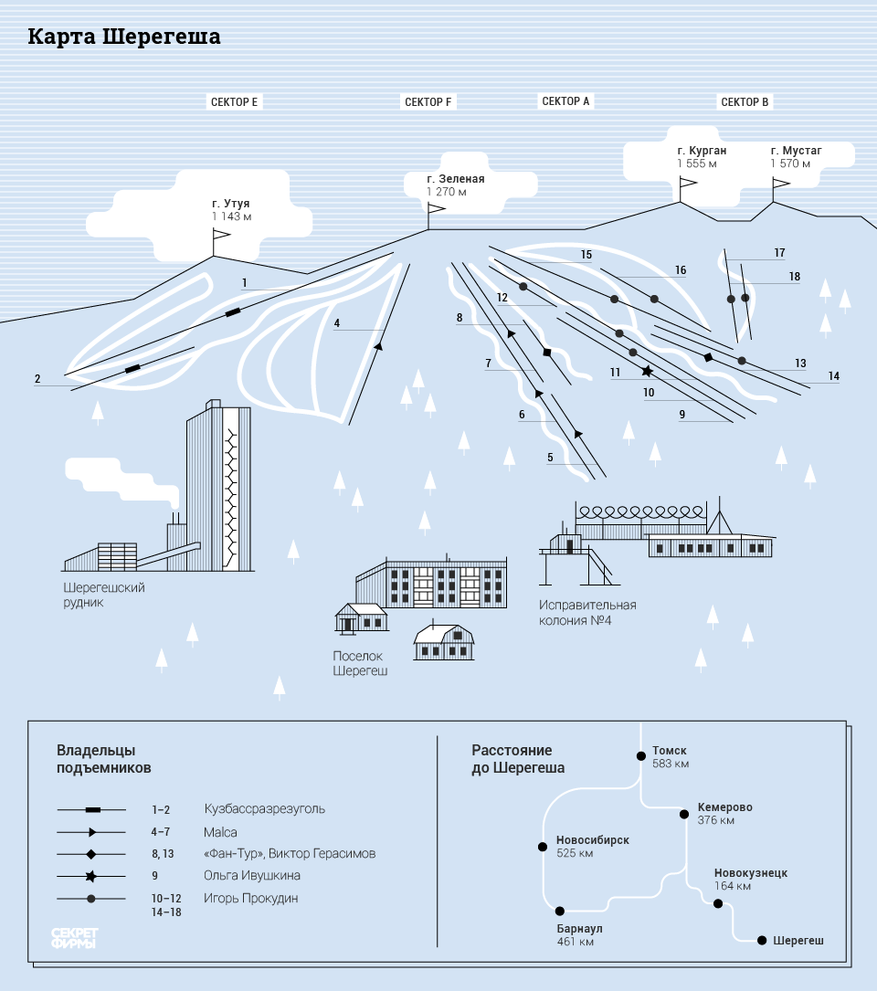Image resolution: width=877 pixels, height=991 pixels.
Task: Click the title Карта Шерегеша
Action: pyautogui.click(x=123, y=37)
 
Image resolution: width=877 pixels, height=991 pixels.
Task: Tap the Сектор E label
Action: pyautogui.click(x=235, y=102)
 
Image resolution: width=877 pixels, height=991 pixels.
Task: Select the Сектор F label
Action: pyautogui.click(x=428, y=102)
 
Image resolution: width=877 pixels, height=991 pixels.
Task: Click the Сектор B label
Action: pyautogui.click(x=745, y=102)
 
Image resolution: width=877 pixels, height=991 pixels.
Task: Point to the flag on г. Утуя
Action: pyautogui.click(x=221, y=237)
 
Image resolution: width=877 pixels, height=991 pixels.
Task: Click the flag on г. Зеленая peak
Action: pyautogui.click(x=436, y=209)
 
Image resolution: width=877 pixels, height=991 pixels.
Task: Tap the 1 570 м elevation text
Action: pyautogui.click(x=790, y=163)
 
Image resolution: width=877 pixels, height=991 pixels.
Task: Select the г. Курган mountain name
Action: pyautogui.click(x=702, y=151)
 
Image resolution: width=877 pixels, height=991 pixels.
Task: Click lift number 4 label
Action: pyautogui.click(x=337, y=323)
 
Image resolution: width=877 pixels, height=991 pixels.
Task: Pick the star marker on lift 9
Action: pyautogui.click(x=648, y=372)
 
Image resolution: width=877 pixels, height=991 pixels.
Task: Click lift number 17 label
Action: pyautogui.click(x=779, y=253)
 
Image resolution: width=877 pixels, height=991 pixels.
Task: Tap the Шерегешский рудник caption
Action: pyautogui.click(x=104, y=595)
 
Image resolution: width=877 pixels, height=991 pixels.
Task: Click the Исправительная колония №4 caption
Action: pyautogui.click(x=587, y=612)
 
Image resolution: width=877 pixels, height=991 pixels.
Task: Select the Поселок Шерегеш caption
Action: pyautogui.click(x=360, y=663)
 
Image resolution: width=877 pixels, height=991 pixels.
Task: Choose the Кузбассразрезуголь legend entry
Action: pyautogui.click(x=264, y=809)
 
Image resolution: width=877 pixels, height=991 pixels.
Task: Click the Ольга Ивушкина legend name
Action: pyautogui.click(x=252, y=876)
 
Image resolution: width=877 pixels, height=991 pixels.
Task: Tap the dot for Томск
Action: pyautogui.click(x=639, y=755)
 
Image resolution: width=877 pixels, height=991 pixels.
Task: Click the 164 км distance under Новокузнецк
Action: pyautogui.click(x=733, y=886)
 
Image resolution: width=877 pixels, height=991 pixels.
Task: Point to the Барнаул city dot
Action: pyautogui.click(x=560, y=911)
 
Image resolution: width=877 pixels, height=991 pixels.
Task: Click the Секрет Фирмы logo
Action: pyautogui.click(x=75, y=938)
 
